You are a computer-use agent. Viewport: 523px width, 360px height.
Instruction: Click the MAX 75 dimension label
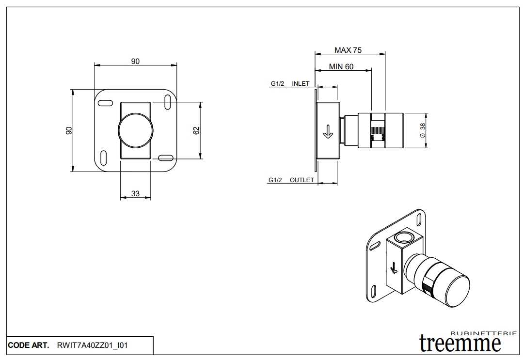click(x=348, y=50)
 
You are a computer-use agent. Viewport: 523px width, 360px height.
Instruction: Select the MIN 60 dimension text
click(x=341, y=67)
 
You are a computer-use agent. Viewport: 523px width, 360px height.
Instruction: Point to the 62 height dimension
click(x=196, y=130)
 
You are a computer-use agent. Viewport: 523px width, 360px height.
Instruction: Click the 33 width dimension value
click(x=135, y=194)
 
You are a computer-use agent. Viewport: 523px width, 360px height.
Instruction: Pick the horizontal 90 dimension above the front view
click(x=135, y=61)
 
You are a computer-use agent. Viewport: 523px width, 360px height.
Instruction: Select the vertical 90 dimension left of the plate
click(x=69, y=130)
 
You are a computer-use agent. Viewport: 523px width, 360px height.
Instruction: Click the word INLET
click(x=301, y=84)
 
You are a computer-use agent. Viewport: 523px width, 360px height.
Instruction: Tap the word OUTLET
click(x=301, y=180)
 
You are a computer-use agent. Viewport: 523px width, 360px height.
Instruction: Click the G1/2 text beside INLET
click(x=277, y=84)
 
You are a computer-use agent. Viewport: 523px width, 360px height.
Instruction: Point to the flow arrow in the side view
click(x=327, y=131)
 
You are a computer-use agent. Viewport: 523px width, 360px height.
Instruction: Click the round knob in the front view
click(x=135, y=130)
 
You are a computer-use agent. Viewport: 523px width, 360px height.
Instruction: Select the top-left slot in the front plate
click(x=105, y=103)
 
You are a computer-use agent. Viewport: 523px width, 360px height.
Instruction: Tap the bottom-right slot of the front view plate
click(x=165, y=157)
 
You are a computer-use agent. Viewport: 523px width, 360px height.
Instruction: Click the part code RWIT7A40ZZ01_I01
click(x=92, y=345)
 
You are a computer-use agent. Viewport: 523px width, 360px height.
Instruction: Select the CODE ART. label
click(x=28, y=345)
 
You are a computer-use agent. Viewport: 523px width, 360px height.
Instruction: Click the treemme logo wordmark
click(x=460, y=344)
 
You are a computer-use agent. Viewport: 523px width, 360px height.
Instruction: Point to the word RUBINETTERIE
click(x=483, y=333)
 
